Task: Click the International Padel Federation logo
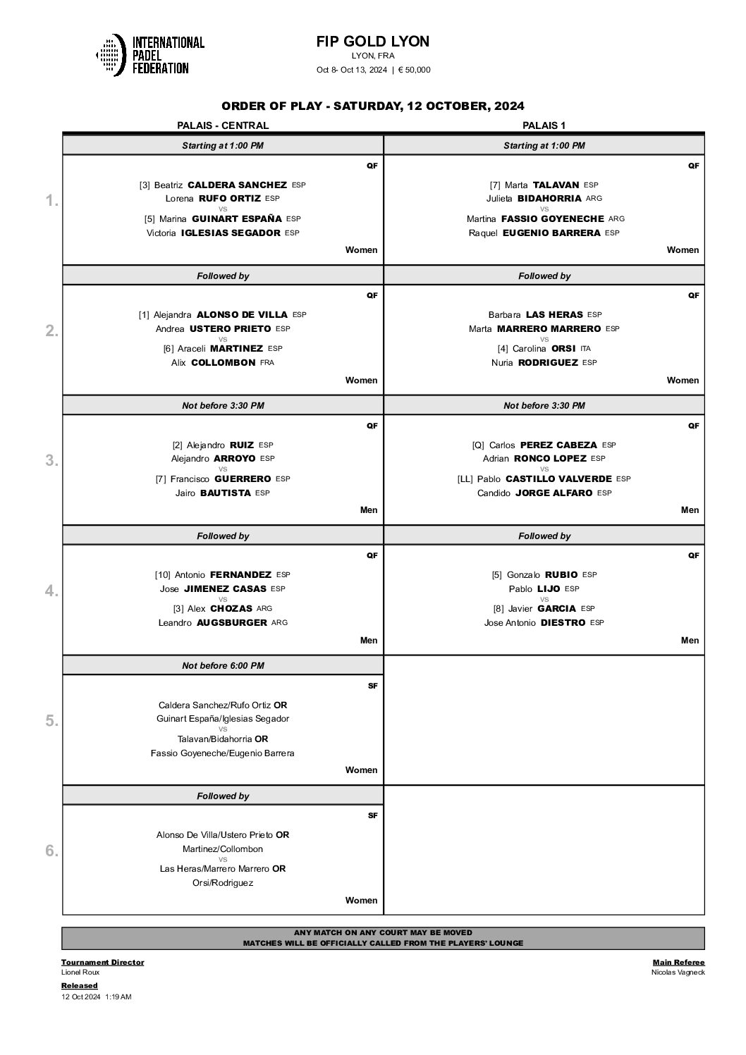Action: coord(150,55)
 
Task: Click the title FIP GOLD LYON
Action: coord(372,42)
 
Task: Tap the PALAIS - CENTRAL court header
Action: coord(222,125)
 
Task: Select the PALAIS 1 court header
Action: coord(544,125)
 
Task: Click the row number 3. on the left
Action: coord(51,460)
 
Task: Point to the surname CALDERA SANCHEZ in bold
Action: coord(238,185)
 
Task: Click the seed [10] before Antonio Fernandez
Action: coord(162,575)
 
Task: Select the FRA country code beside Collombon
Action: coord(267,363)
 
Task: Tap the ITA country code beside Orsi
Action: coord(586,349)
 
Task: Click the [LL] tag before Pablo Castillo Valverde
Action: coord(465,479)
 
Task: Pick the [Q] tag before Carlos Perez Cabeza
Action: coord(478,445)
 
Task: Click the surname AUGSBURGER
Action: coord(231,623)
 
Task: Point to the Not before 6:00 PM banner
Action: coord(223,665)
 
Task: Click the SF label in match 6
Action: coord(372,815)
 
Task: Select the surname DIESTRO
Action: coord(563,623)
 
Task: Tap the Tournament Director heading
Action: coord(102,962)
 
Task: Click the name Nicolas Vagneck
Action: coord(678,973)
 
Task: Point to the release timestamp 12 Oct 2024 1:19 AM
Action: coord(97,997)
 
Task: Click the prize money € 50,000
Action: coord(414,70)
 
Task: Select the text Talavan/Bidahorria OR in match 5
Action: coord(223,739)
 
